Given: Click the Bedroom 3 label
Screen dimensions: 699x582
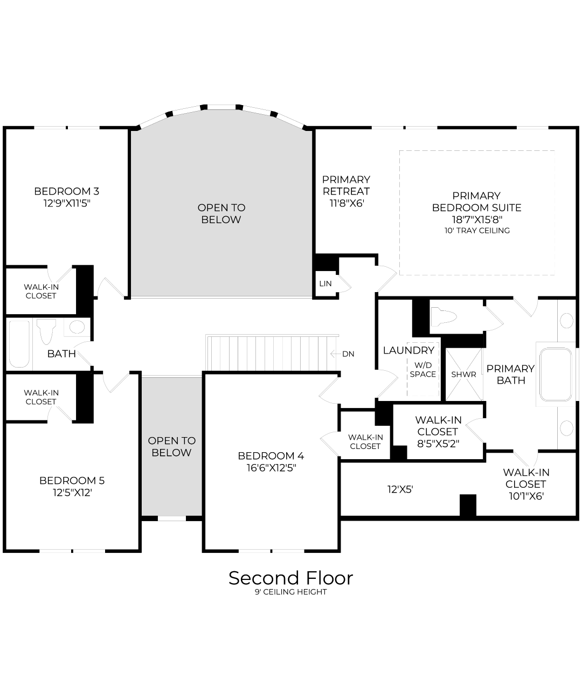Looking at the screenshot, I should (x=66, y=191).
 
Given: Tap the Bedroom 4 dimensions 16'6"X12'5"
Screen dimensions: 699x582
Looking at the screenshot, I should (x=271, y=468).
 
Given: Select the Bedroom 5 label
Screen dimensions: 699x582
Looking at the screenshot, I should (x=72, y=480).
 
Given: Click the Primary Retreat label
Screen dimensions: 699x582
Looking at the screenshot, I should (x=346, y=185).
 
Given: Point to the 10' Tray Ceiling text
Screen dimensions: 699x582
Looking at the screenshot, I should (x=477, y=231).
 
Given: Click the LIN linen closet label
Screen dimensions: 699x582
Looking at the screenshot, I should (x=325, y=283).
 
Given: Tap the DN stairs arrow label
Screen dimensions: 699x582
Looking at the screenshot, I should (x=348, y=354).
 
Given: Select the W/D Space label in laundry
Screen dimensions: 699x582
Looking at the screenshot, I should (x=422, y=370).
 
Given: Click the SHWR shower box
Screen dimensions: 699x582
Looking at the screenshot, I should (x=463, y=375).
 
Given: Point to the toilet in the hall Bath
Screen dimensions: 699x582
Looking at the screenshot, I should (x=46, y=330).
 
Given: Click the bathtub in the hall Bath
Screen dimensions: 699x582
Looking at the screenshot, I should (x=19, y=344).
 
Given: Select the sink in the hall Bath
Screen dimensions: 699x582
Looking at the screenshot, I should (x=77, y=327).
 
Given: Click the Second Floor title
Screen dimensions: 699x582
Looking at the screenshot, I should (x=290, y=578).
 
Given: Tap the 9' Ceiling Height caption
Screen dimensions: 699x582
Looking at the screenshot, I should (x=290, y=592).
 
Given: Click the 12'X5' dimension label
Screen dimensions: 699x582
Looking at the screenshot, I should (x=400, y=489).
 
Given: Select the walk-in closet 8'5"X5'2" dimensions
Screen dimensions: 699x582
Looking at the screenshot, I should (x=438, y=444).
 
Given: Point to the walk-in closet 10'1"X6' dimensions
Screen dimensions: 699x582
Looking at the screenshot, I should (x=525, y=496).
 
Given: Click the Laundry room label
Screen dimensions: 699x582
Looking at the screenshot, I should (x=408, y=350).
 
